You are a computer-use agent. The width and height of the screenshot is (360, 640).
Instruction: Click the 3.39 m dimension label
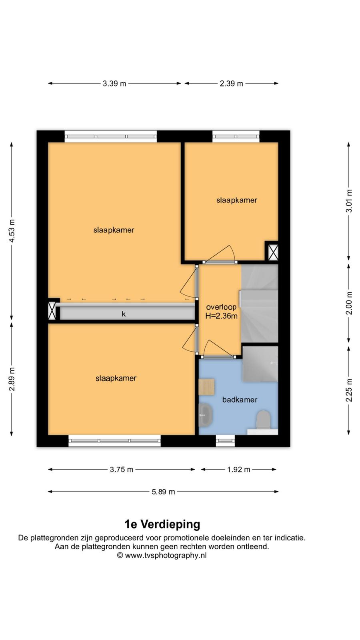coord(114,84)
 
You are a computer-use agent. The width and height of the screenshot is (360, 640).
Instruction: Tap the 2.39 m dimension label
coord(231,84)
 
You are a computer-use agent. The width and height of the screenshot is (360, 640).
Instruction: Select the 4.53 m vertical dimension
coord(12,231)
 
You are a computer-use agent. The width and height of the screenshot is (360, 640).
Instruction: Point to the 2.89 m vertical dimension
coord(12,379)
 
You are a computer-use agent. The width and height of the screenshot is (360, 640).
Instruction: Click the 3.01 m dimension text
coord(349,201)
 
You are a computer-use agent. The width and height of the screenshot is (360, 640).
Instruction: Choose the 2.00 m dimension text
coord(349,303)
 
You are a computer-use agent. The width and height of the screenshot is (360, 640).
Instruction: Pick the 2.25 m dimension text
coord(349,390)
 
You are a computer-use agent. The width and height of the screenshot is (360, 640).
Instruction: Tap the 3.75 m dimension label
coord(122,470)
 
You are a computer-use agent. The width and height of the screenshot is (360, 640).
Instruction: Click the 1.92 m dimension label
coord(238,470)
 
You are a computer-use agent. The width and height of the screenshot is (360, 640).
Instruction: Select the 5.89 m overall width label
coord(163,492)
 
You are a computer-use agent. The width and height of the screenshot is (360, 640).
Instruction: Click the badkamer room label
coord(240,400)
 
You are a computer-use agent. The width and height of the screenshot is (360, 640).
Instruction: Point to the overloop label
coord(222,307)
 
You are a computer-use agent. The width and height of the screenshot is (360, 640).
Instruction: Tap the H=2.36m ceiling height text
coord(222,316)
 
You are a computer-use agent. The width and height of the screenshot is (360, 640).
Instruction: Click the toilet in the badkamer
coord(263,420)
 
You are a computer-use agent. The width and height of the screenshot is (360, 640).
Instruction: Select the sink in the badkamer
coord(205,415)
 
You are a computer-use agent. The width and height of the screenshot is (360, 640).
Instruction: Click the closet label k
coord(124,314)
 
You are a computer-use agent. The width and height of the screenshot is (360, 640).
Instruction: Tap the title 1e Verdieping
coord(162,524)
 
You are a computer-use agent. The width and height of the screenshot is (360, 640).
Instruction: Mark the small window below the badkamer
coord(225,441)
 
